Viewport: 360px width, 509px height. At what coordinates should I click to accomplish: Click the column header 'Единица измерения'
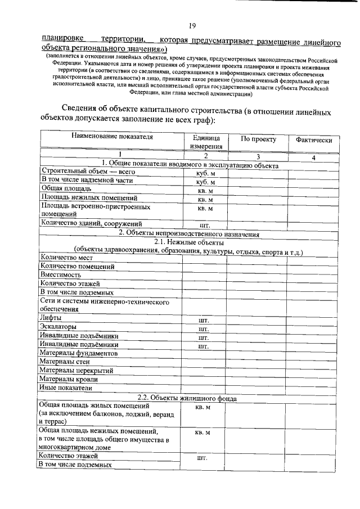pos(206,142)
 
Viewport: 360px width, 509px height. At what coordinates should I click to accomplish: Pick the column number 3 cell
pos(258,157)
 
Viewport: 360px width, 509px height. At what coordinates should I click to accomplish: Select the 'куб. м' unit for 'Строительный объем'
pos(205,173)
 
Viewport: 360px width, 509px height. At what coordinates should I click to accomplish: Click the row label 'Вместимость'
pos(60,275)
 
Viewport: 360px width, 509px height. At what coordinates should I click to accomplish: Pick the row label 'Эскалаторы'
pos(59,327)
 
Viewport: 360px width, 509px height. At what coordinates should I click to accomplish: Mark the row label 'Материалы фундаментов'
pos(79,353)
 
